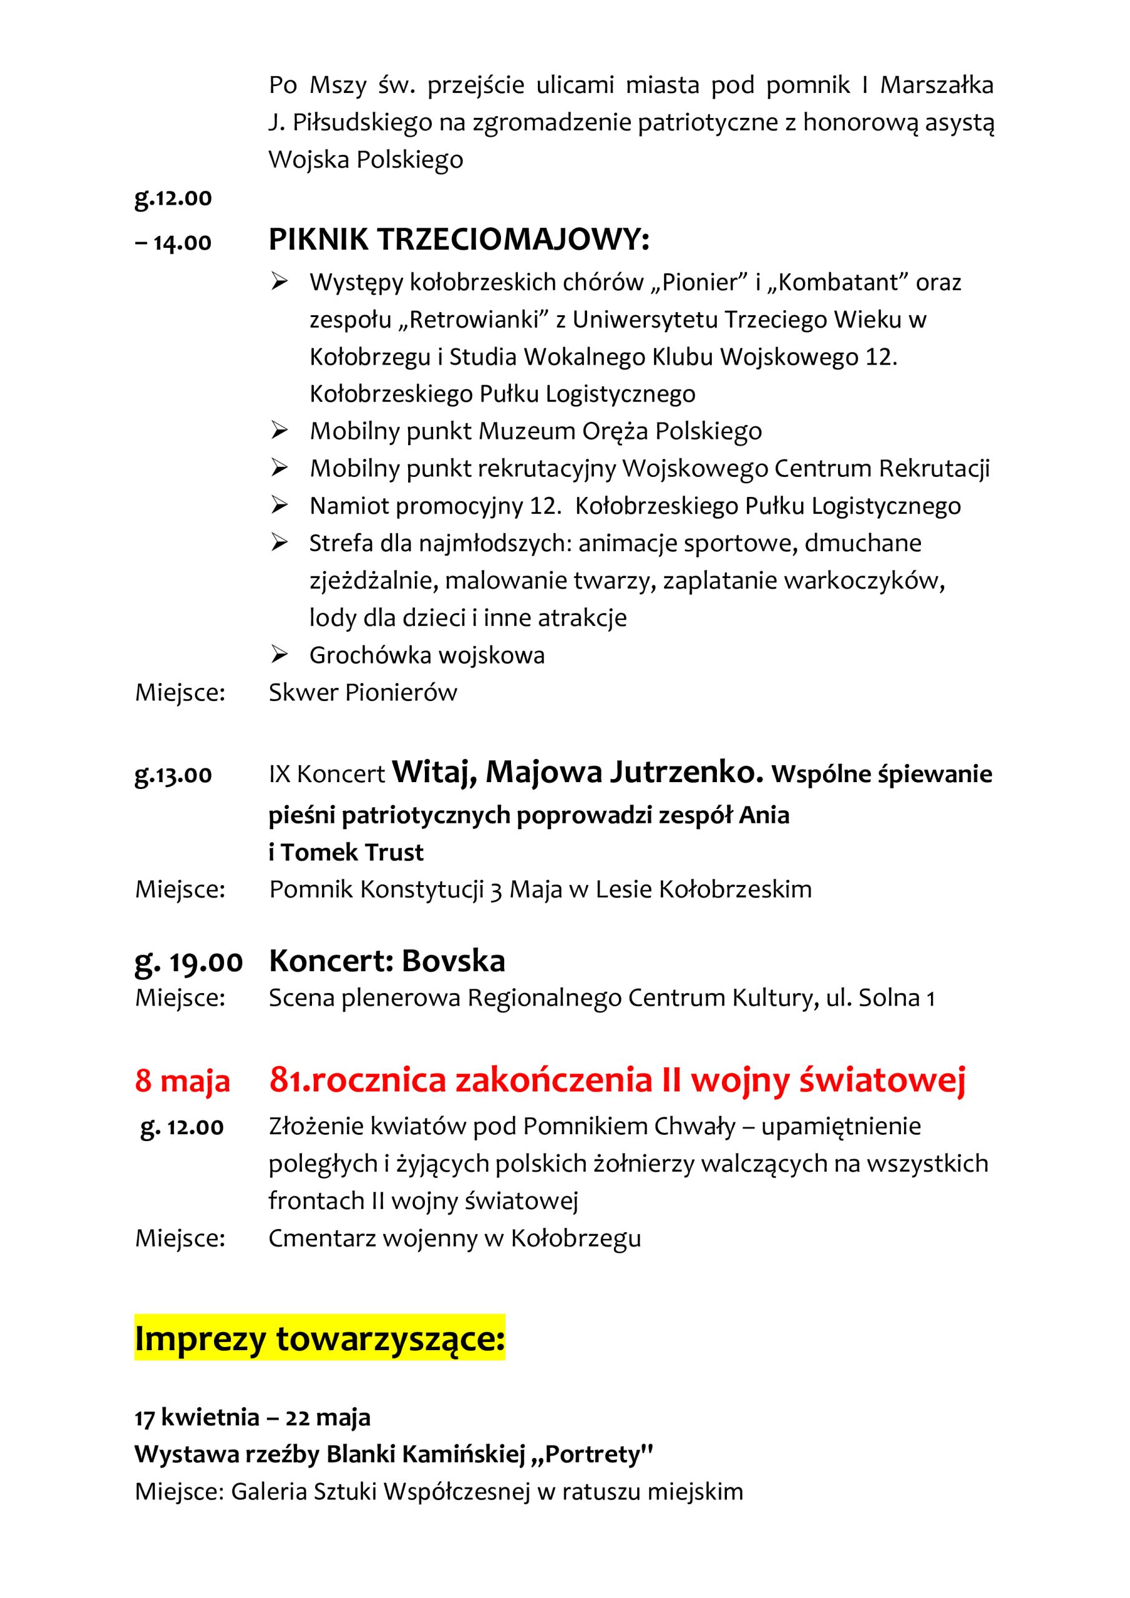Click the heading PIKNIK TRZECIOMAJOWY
pos(459,240)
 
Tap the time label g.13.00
pos(173,775)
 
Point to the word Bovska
pos(453,961)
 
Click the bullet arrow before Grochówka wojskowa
pos(280,655)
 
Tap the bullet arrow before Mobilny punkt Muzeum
pos(280,431)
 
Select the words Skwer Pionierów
pos(363,692)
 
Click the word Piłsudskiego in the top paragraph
pos(362,122)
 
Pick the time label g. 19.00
pos(188,962)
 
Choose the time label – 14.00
pos(173,243)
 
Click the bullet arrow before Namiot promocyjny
pos(280,506)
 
